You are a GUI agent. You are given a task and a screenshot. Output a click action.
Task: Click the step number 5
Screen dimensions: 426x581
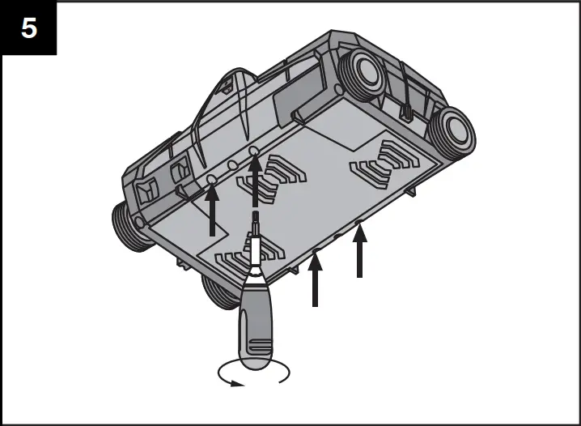[x=28, y=28]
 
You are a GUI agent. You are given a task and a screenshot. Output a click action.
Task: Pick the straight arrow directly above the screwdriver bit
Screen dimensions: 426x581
[x=256, y=182]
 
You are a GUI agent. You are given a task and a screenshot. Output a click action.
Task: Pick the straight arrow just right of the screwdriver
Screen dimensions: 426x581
[x=316, y=279]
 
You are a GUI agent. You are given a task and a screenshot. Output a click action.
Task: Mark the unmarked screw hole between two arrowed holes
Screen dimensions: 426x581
[x=232, y=165]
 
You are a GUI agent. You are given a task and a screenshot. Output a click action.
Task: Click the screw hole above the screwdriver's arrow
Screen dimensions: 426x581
[x=255, y=152]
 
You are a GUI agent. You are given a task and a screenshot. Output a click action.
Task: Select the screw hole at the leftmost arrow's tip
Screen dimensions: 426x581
[x=212, y=177]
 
